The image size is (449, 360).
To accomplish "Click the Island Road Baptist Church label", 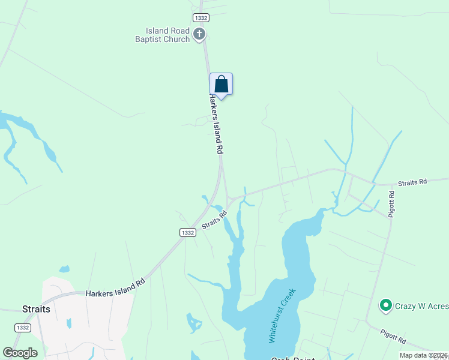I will coord(167,35).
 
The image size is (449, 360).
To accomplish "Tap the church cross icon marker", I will coord(199,35).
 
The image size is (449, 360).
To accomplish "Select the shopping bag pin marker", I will coord(221,84).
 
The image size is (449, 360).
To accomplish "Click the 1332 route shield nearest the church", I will coord(200,19).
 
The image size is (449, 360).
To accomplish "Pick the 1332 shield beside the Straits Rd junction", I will coord(187,232).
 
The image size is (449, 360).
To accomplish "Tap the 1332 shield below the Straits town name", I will coord(22,327).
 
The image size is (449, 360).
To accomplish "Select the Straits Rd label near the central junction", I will coord(214,218).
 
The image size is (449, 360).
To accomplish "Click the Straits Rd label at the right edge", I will coord(414,181).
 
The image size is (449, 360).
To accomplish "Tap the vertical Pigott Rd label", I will coord(391,204).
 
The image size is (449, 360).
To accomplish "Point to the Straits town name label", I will coord(36,309).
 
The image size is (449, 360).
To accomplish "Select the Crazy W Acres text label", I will coord(421,307).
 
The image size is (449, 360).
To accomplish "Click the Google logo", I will coord(20,353).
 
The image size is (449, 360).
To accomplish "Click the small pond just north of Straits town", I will coord(65,269).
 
